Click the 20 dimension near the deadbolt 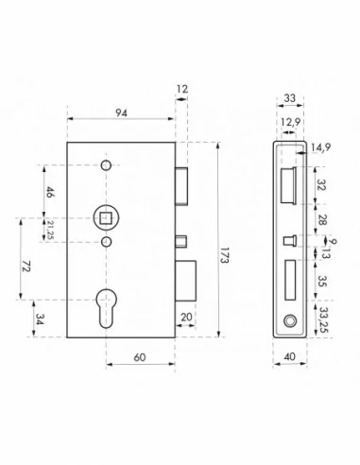(185, 317)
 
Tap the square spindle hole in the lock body (105, 220)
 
